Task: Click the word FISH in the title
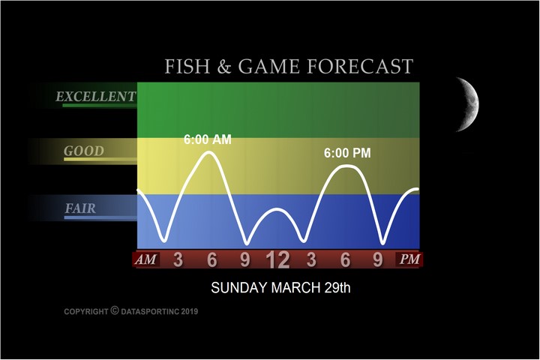[187, 66]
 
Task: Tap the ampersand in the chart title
[223, 67]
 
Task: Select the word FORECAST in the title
[360, 66]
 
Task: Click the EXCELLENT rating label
[96, 97]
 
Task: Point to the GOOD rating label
[84, 151]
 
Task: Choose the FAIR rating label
[80, 208]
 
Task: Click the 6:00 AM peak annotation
[207, 139]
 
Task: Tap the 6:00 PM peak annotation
[347, 153]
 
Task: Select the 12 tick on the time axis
[277, 259]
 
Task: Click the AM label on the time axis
[145, 259]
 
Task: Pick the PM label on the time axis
[409, 259]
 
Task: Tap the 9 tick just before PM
[378, 259]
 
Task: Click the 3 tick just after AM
[178, 259]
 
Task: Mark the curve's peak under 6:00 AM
[209, 152]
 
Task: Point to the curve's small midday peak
[277, 209]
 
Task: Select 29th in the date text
[337, 288]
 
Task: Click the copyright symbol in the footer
[115, 310]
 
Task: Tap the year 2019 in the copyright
[190, 312]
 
